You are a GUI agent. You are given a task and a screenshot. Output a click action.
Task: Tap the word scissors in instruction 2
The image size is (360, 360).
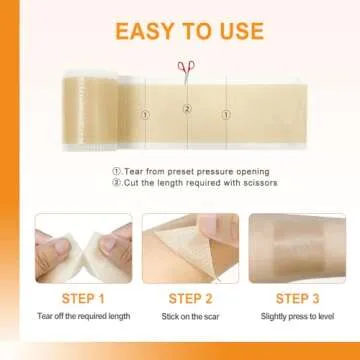[x=250, y=182]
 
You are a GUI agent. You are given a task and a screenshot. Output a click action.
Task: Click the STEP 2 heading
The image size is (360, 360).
[x=190, y=299]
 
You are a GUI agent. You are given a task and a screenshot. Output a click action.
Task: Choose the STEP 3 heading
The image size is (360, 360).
[x=297, y=299]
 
